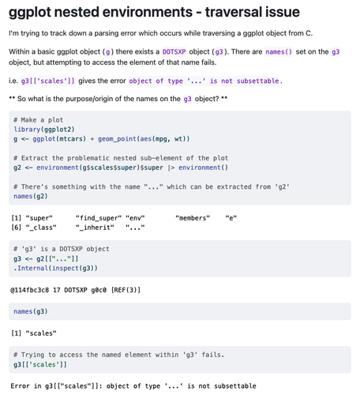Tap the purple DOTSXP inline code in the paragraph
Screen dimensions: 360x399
174,51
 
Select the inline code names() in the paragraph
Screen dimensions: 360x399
279,51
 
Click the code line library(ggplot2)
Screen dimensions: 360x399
44,130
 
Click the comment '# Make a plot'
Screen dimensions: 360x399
39,120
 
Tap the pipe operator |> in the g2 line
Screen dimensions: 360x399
171,168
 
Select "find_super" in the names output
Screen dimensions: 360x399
99,218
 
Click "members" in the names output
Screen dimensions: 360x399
193,218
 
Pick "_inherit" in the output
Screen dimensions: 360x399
95,228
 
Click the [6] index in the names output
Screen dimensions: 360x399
16,228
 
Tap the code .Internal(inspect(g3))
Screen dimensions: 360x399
55,268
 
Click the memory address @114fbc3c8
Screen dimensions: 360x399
29,290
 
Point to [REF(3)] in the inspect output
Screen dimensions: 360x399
126,290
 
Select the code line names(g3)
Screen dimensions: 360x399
31,311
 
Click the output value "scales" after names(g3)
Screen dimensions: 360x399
41,333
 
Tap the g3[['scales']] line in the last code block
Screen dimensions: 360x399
40,364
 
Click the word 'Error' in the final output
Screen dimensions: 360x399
20,386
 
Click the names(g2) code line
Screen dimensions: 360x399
31,196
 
